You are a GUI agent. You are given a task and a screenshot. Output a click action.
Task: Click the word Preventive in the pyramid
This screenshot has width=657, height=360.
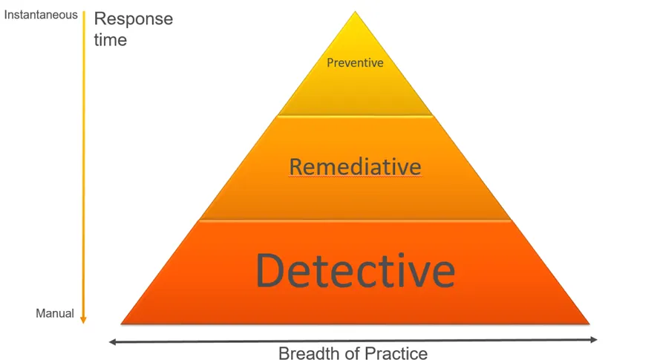point(355,63)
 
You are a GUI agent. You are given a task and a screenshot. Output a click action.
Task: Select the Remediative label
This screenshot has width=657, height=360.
point(356,167)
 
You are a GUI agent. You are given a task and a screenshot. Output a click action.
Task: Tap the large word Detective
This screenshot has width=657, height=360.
point(356,270)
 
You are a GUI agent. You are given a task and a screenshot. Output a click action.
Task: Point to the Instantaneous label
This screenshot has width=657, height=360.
point(41,15)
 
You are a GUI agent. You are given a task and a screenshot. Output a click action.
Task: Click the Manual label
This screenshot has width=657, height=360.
point(55,313)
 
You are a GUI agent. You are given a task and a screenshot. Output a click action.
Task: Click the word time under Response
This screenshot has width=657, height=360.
point(110,40)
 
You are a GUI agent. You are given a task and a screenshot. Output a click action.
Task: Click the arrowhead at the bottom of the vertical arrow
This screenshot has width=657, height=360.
point(83,320)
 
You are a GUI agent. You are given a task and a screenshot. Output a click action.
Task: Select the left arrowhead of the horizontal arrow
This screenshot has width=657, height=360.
point(112,342)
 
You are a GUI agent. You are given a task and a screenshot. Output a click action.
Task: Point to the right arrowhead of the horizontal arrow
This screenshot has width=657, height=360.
point(594,340)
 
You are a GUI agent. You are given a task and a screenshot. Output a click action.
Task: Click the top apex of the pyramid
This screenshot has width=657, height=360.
point(356,11)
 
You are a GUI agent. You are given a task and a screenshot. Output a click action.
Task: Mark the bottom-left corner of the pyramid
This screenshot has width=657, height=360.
point(121,324)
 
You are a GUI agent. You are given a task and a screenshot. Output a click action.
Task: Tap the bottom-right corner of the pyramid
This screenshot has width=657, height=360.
point(589,324)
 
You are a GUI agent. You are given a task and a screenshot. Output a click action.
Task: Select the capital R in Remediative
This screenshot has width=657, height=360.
point(295,167)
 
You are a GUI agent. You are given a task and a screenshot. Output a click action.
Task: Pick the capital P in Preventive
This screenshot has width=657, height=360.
point(330,63)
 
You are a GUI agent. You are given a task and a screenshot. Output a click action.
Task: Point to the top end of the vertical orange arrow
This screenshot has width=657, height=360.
point(83,12)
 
